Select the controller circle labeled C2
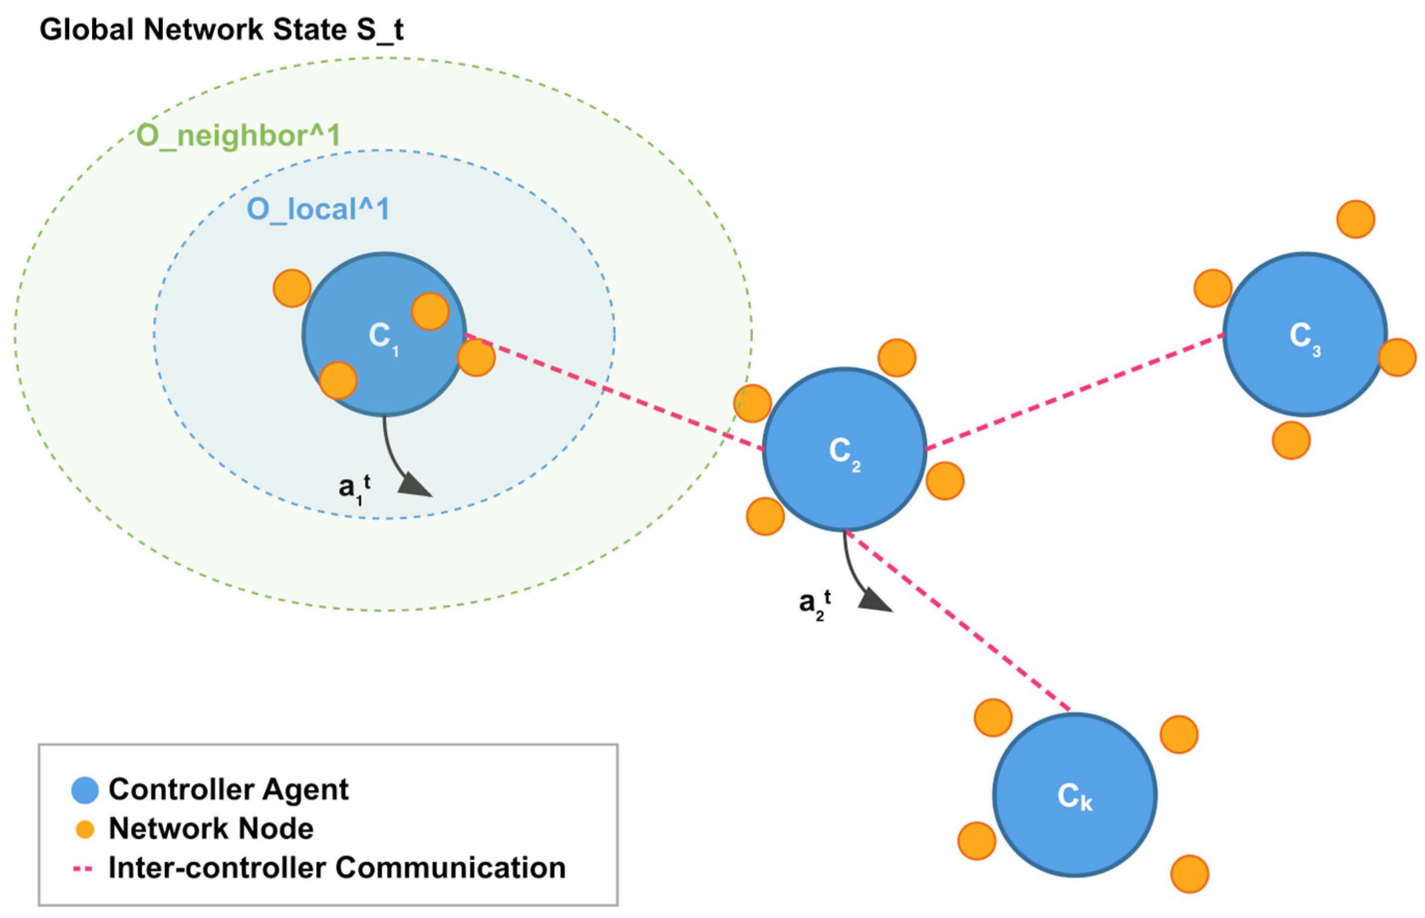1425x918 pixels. [844, 450]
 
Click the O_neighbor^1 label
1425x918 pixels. [239, 136]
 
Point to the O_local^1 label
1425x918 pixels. [318, 209]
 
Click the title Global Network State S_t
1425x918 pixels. [221, 30]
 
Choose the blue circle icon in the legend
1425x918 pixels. [85, 790]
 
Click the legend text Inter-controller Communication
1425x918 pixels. [337, 868]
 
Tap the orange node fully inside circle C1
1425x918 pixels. [430, 311]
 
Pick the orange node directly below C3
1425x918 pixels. [1291, 440]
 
